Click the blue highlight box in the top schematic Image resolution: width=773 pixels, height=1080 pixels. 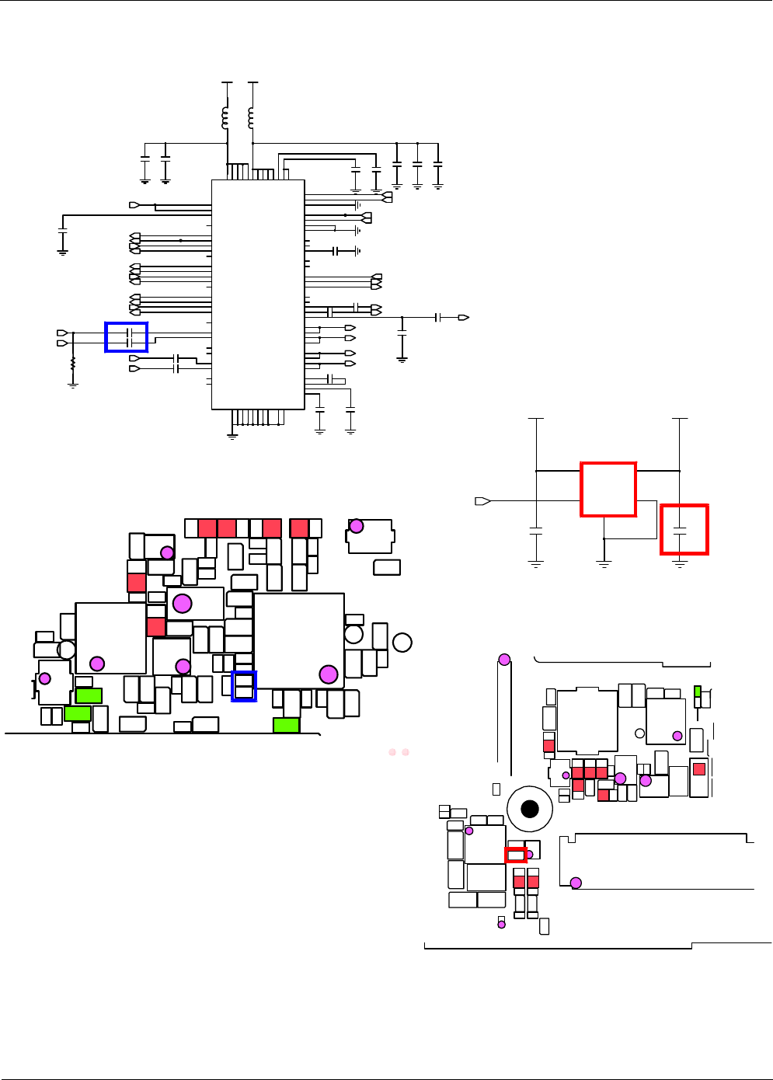pyautogui.click(x=126, y=336)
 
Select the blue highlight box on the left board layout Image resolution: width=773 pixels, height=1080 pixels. pyautogui.click(x=244, y=686)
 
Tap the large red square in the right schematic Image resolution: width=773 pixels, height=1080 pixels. pyautogui.click(x=608, y=489)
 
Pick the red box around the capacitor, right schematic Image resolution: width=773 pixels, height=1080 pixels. pyautogui.click(x=684, y=529)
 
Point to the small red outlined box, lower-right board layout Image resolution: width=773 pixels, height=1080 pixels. pyautogui.click(x=516, y=855)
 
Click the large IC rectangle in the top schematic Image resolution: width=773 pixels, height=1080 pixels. pyautogui.click(x=258, y=294)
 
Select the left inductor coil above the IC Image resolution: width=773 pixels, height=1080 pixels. pyautogui.click(x=225, y=117)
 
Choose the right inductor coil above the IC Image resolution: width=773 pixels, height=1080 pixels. pyautogui.click(x=250, y=117)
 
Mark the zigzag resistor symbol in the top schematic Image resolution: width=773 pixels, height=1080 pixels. pyautogui.click(x=73, y=364)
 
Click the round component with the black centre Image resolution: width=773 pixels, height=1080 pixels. pyautogui.click(x=530, y=809)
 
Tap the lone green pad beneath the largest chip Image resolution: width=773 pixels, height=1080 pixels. pyautogui.click(x=287, y=725)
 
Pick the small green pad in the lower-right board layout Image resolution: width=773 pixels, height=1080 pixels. pyautogui.click(x=698, y=691)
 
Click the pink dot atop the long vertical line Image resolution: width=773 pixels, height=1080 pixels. pyautogui.click(x=504, y=660)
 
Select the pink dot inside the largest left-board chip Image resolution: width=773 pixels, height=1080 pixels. pyautogui.click(x=329, y=674)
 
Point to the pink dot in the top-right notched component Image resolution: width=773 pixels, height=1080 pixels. pyautogui.click(x=356, y=526)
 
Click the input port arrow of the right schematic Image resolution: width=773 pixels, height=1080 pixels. pyautogui.click(x=482, y=501)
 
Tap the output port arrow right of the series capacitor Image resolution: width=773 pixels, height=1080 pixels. pyautogui.click(x=464, y=317)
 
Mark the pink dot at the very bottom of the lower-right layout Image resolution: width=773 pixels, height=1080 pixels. pyautogui.click(x=501, y=924)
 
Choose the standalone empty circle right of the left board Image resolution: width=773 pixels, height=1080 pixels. pyautogui.click(x=402, y=643)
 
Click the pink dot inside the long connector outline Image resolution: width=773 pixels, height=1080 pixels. pyautogui.click(x=576, y=883)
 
